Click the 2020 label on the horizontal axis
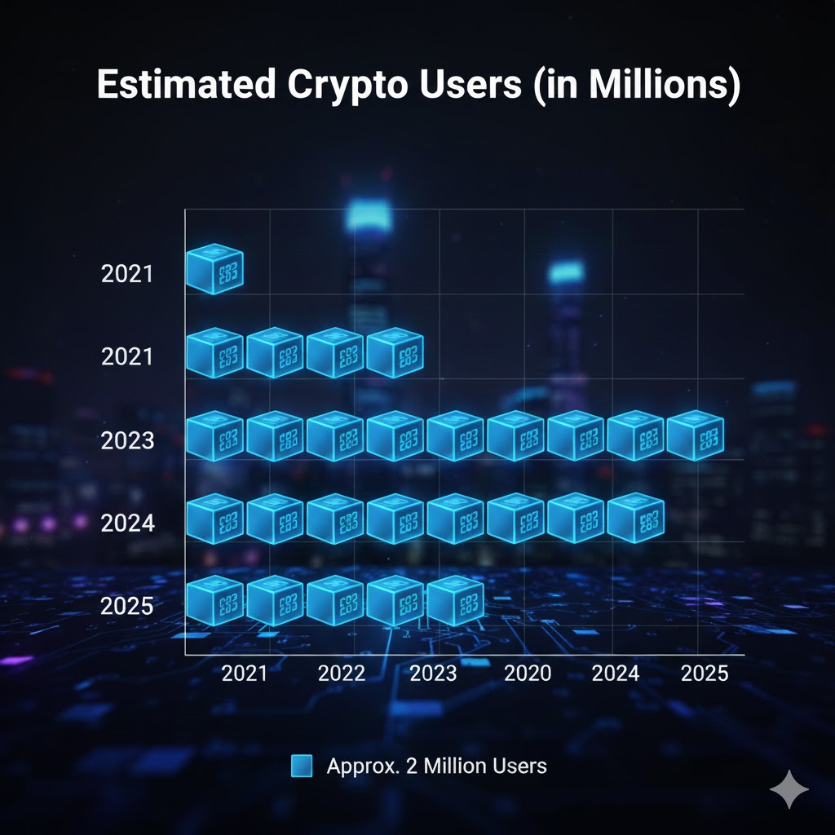pyautogui.click(x=528, y=674)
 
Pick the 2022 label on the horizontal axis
pyautogui.click(x=342, y=674)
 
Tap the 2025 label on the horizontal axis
pyautogui.click(x=705, y=674)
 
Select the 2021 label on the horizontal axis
pyautogui.click(x=245, y=674)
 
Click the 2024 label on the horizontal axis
pyautogui.click(x=616, y=674)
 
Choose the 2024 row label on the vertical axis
pyautogui.click(x=127, y=523)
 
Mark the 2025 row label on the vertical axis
pyautogui.click(x=127, y=607)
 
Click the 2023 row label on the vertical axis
pyautogui.click(x=127, y=441)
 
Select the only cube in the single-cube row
pyautogui.click(x=214, y=269)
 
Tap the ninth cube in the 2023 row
pyautogui.click(x=696, y=435)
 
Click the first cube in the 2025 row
pyautogui.click(x=214, y=600)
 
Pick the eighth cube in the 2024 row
pyautogui.click(x=635, y=518)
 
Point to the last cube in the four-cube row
pyautogui.click(x=395, y=352)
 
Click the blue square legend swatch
pyautogui.click(x=302, y=766)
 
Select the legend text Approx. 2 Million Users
pyautogui.click(x=436, y=766)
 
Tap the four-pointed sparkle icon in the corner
pyautogui.click(x=789, y=789)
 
